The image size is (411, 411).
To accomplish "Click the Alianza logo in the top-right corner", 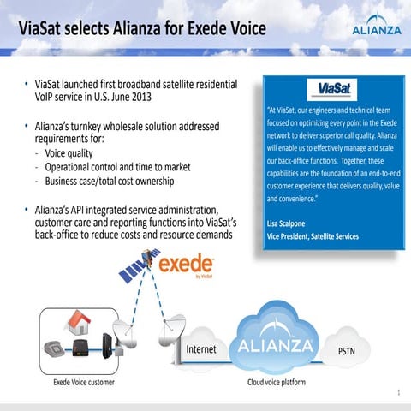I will click(x=375, y=28).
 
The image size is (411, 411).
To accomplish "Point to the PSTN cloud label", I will click(x=347, y=351).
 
